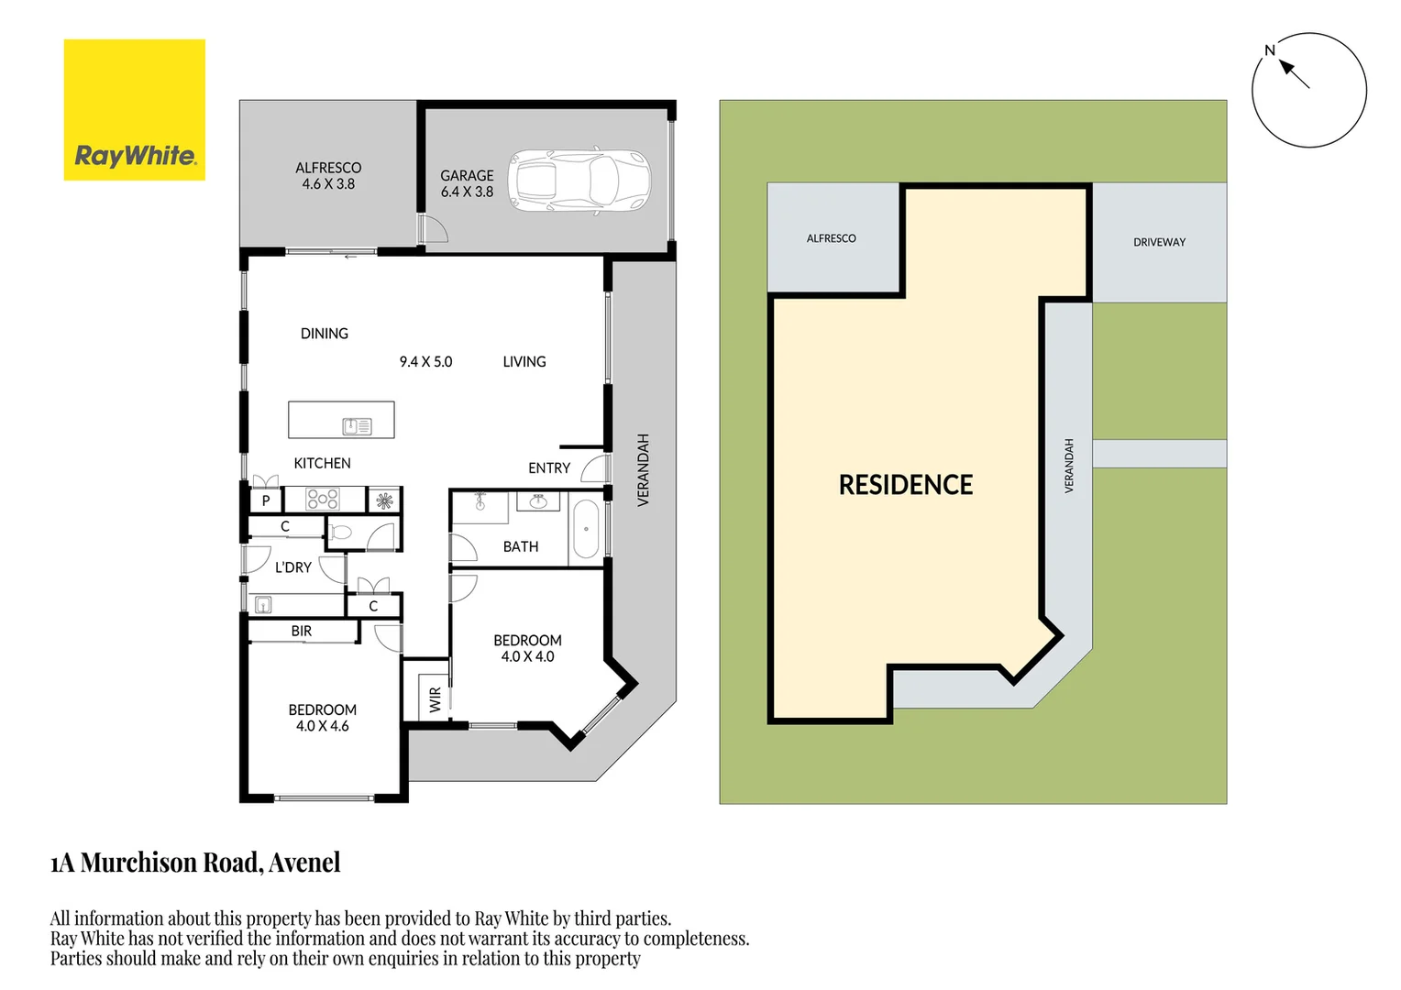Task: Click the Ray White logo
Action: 135,110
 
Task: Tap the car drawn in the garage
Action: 579,180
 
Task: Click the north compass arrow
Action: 1294,73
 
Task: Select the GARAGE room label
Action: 467,175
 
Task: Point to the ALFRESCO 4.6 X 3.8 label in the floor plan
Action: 328,175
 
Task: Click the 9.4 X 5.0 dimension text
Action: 425,362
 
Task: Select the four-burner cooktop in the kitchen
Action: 323,499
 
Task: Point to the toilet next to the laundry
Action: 341,532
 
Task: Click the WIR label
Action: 436,699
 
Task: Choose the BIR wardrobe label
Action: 302,631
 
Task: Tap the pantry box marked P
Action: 266,500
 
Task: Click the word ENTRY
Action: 549,467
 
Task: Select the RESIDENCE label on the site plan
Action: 906,485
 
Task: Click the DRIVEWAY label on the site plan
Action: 1159,242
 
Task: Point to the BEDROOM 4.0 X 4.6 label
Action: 323,718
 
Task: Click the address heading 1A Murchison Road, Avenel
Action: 195,863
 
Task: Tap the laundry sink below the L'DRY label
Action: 263,604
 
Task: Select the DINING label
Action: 325,334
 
